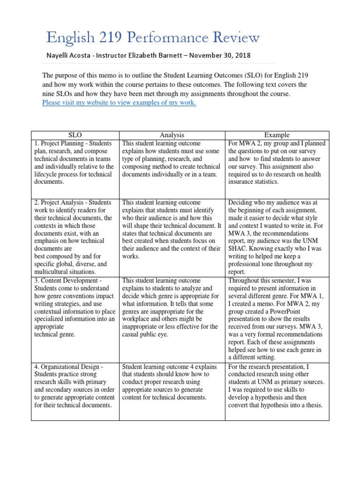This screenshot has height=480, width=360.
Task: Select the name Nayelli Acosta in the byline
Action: (68, 55)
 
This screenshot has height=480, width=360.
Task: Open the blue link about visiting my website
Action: (119, 103)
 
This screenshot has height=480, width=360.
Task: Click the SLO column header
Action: (75, 135)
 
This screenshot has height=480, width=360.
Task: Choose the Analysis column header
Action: (172, 135)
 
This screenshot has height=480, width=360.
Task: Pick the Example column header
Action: (277, 135)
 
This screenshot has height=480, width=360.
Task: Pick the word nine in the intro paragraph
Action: (49, 94)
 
